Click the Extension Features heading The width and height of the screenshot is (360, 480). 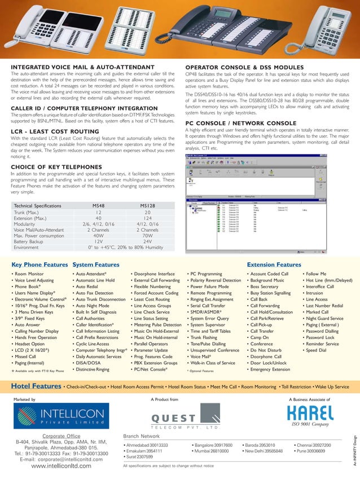point(274,264)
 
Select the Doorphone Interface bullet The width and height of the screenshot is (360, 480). point(152,274)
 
